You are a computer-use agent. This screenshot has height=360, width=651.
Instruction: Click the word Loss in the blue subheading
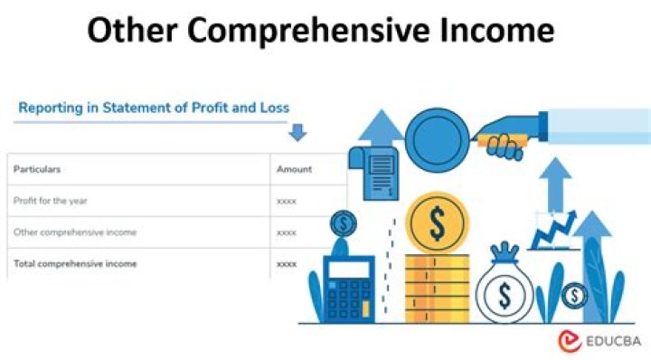[272, 108]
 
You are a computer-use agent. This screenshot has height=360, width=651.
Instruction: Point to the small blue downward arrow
[297, 133]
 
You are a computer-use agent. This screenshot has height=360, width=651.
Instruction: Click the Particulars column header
[37, 169]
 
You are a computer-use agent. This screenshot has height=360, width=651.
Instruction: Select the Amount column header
[294, 169]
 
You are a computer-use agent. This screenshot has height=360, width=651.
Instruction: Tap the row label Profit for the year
[50, 201]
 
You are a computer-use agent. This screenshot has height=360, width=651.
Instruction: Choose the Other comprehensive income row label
[75, 232]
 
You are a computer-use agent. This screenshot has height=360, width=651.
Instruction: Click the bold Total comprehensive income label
[75, 264]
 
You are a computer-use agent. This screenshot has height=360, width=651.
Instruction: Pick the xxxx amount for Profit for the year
[287, 201]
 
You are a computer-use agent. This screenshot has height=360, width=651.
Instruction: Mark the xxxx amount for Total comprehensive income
[287, 264]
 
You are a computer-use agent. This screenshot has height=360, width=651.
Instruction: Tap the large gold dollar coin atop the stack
[437, 221]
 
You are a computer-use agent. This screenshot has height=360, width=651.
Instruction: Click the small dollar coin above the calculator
[344, 223]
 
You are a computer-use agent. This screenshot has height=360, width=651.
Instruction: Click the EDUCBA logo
[600, 341]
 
